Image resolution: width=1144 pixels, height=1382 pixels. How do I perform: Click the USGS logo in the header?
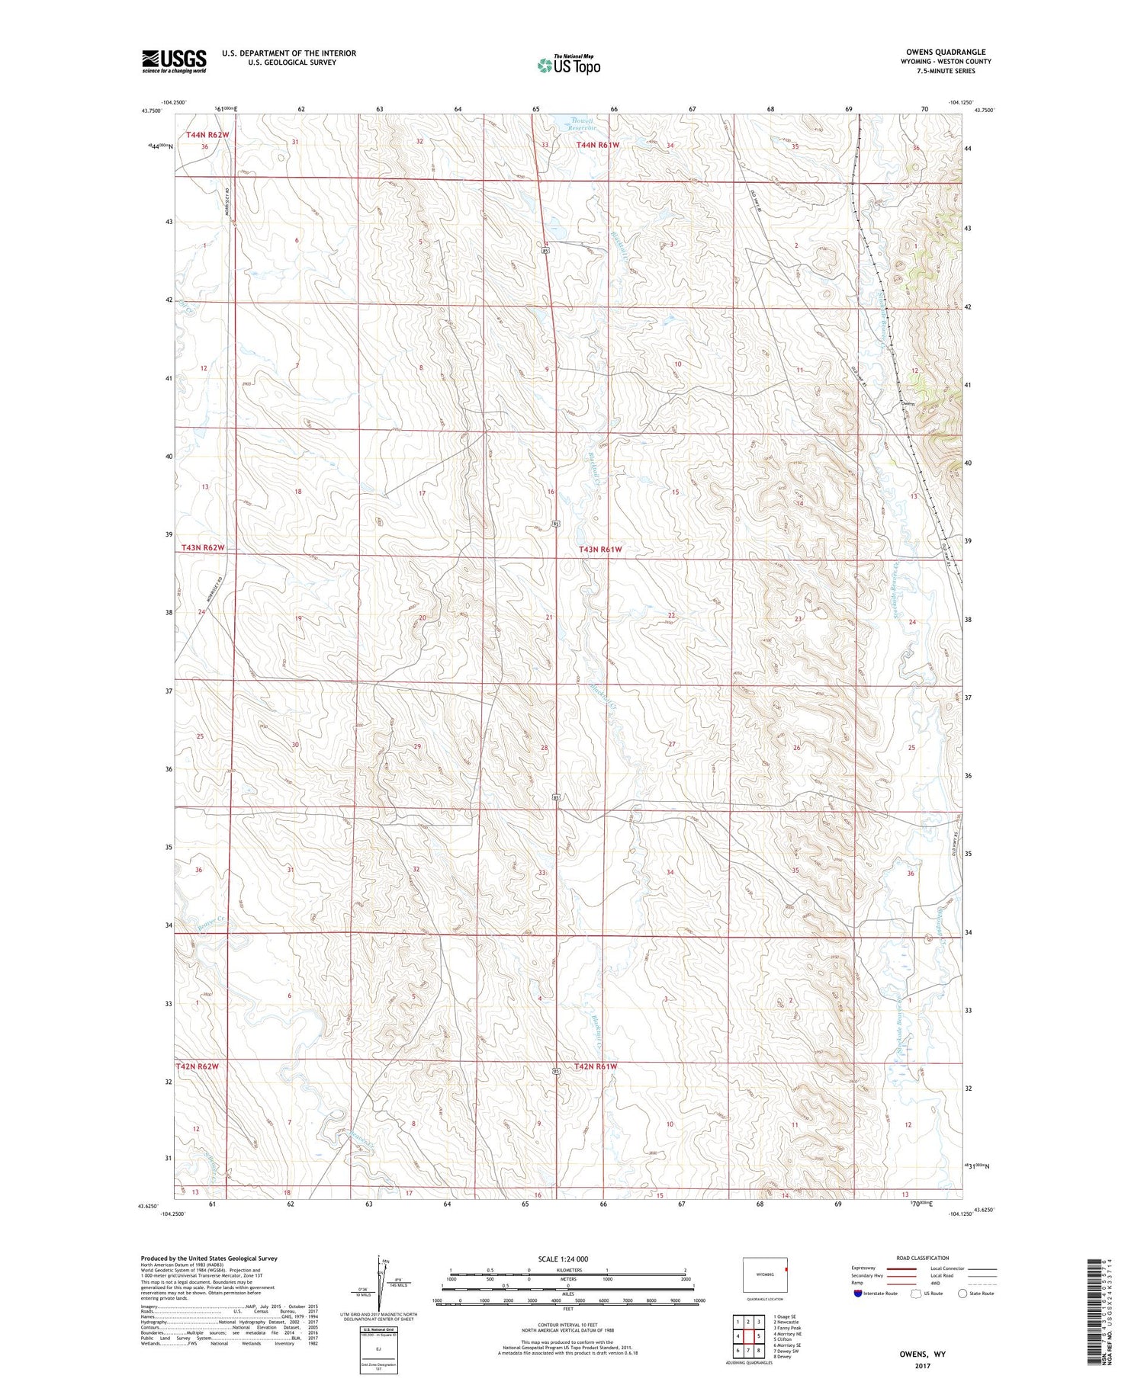(x=174, y=61)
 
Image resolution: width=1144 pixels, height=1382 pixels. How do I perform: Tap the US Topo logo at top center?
(x=568, y=66)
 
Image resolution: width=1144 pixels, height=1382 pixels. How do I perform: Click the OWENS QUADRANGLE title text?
(x=943, y=52)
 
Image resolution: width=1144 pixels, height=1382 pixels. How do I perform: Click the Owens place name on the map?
(x=907, y=403)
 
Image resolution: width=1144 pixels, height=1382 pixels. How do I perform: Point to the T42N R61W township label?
(x=595, y=1066)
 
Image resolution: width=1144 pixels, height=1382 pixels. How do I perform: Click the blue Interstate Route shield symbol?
(x=858, y=1294)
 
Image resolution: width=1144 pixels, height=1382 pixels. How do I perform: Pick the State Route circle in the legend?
(x=962, y=1294)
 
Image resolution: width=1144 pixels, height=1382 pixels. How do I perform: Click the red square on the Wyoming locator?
(x=786, y=1270)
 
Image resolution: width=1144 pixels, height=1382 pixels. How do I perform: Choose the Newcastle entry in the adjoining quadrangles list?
(x=786, y=1323)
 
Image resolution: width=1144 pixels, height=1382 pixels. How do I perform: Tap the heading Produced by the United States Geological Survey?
(x=209, y=1259)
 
